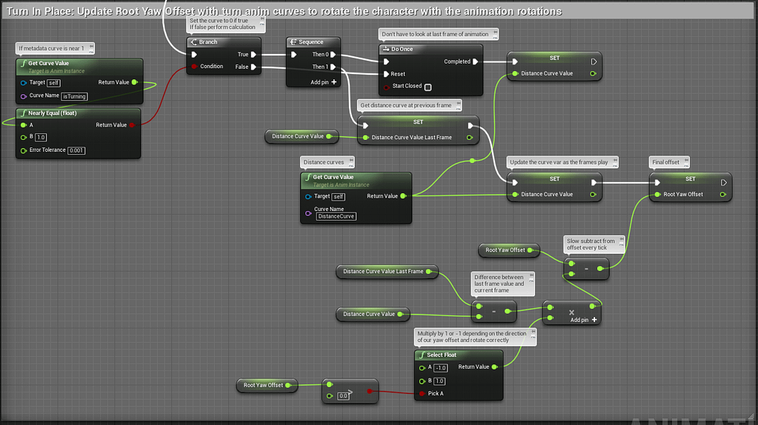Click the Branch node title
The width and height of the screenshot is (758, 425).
[x=208, y=42]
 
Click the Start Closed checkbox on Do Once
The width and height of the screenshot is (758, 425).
[x=428, y=87]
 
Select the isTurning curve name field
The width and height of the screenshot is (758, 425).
[x=75, y=96]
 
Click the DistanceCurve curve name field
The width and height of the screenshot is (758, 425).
[x=336, y=216]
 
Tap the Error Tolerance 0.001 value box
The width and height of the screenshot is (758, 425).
[x=76, y=150]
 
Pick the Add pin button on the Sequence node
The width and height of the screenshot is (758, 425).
[x=324, y=82]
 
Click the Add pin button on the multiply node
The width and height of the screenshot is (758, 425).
[x=583, y=320]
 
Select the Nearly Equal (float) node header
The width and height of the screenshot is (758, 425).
[x=52, y=113]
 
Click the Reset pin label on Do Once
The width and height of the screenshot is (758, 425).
[x=398, y=74]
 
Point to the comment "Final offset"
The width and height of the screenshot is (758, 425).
[x=665, y=161]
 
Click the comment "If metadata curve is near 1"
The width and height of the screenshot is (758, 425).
[x=51, y=48]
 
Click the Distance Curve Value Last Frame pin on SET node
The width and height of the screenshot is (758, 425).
[x=411, y=137]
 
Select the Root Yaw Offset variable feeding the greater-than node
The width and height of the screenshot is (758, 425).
[x=263, y=385]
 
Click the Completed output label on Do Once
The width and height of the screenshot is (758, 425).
[x=456, y=61]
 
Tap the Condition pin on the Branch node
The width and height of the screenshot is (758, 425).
[x=211, y=67]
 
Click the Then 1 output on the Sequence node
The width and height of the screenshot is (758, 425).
[x=320, y=67]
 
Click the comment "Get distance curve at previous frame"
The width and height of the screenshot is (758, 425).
[x=405, y=105]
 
